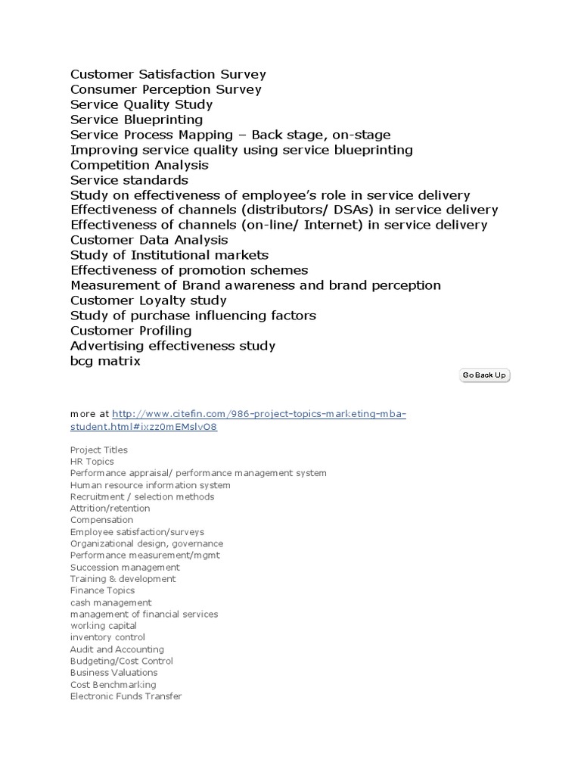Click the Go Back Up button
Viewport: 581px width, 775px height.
(x=484, y=375)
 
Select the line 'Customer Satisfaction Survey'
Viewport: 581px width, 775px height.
(x=168, y=74)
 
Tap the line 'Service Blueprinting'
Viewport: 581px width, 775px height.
(x=136, y=120)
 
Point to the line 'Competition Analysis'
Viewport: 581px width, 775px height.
(x=139, y=165)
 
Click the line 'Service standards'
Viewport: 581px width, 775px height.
(x=129, y=180)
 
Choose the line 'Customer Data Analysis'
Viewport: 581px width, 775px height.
(x=149, y=240)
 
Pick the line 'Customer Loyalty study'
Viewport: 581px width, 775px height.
(x=148, y=300)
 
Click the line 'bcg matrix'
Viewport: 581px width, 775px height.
(x=105, y=361)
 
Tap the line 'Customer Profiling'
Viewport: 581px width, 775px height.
(x=131, y=331)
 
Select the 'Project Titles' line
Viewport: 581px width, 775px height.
(x=99, y=450)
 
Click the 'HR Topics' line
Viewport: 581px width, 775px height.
(x=92, y=462)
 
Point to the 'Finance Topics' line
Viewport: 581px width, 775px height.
(x=103, y=590)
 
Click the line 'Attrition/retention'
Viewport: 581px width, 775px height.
(x=110, y=509)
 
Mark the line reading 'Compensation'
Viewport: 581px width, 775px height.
(x=101, y=520)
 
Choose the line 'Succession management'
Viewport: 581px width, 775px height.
(x=125, y=567)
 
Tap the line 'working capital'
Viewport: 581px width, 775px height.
(x=104, y=626)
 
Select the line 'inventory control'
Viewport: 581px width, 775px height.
(x=107, y=637)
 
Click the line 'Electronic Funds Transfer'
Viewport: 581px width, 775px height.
(x=126, y=696)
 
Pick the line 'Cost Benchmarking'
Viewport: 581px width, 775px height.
(x=113, y=684)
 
